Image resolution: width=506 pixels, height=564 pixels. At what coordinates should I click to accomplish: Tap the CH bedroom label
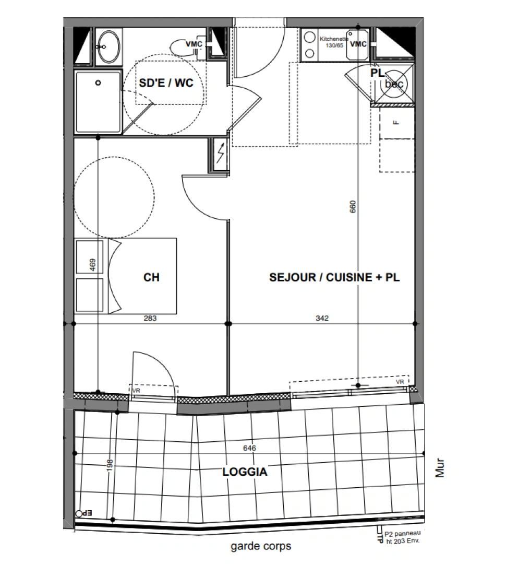click(151, 277)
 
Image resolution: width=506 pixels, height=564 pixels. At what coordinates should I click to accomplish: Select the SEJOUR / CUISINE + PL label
click(334, 277)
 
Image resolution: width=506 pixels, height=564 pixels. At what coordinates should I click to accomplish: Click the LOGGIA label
click(245, 472)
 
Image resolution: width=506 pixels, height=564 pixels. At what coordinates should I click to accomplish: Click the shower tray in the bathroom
click(98, 102)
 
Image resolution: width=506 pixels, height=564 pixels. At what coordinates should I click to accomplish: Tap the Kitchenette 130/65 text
click(331, 42)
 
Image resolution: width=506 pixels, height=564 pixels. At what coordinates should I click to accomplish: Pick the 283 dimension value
click(150, 318)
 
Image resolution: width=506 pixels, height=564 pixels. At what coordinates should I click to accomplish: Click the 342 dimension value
click(322, 318)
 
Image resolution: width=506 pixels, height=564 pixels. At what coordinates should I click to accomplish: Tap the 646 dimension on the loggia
click(250, 448)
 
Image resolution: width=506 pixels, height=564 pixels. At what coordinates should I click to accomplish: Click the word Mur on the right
click(441, 468)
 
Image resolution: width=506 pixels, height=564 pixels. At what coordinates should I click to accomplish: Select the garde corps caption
click(261, 546)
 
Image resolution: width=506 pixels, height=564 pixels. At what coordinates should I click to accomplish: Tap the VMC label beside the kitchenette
click(358, 44)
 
